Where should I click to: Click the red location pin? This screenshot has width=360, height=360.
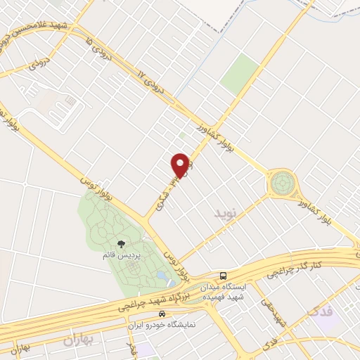(x=181, y=164)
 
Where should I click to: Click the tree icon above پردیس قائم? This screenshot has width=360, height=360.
(x=122, y=244)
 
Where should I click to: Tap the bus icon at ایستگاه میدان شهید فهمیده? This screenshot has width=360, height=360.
(x=223, y=275)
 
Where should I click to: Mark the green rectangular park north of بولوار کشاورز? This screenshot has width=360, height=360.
(x=240, y=73)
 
